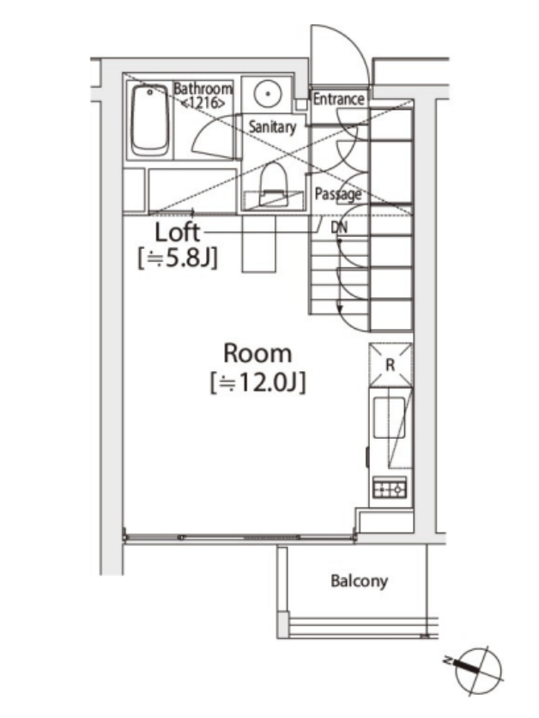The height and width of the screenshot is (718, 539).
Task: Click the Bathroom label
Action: click(203, 88)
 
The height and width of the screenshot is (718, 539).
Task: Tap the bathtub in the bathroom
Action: click(149, 120)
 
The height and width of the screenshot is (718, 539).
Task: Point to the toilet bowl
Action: click(274, 184)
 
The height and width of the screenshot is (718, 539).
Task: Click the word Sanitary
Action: click(272, 127)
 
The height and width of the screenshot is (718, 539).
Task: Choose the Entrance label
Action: click(338, 99)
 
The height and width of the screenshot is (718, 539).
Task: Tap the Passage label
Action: click(337, 195)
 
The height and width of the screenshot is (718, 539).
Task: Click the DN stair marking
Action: click(339, 227)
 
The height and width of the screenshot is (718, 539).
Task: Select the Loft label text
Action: click(178, 232)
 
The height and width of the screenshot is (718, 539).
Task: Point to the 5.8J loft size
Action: click(178, 259)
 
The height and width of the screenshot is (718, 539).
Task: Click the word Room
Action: click(257, 354)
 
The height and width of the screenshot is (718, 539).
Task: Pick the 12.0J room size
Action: click(257, 382)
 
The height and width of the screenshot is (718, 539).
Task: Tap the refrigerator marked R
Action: click(391, 365)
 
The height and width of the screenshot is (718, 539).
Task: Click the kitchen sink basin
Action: click(389, 417)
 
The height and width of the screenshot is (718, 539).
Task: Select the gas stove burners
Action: click(390, 488)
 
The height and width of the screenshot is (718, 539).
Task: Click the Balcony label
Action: click(359, 581)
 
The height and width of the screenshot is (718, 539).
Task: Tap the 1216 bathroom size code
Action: click(203, 102)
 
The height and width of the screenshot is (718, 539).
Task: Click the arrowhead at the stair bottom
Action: click(340, 310)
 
